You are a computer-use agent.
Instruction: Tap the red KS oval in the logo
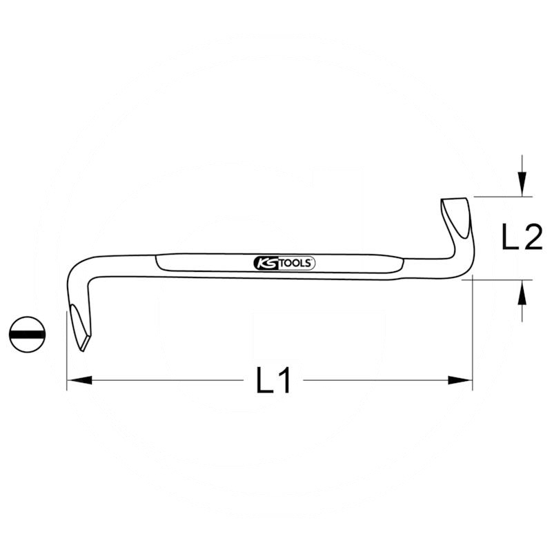[x=265, y=263]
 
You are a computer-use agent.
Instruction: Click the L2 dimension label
[x=522, y=238]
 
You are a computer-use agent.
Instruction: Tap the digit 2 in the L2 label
[x=532, y=238]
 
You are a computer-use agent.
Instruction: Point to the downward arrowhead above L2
[x=523, y=185]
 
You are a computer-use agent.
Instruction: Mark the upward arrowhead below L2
[x=523, y=293]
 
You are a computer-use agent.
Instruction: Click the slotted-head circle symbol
[x=28, y=334]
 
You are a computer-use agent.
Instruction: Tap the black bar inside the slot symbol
[x=28, y=334]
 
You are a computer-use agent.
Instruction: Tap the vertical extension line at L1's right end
[x=473, y=345]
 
